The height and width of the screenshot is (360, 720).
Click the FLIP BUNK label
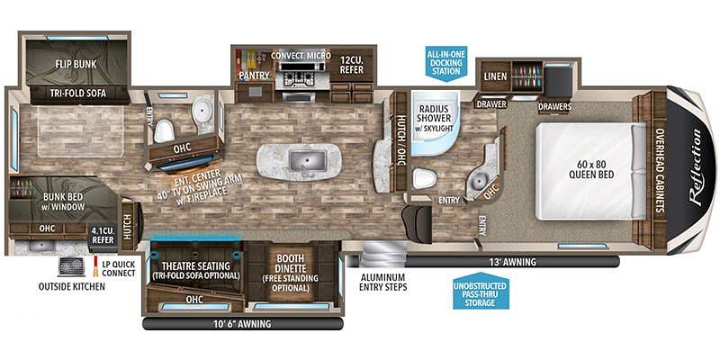(x=76, y=64)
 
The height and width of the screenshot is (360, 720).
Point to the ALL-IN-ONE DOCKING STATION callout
(x=445, y=63)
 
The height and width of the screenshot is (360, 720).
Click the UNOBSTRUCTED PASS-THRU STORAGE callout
(x=481, y=291)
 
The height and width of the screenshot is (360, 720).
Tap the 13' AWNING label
(x=513, y=262)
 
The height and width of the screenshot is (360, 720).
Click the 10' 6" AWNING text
(x=241, y=324)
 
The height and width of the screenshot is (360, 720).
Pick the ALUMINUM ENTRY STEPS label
(x=382, y=283)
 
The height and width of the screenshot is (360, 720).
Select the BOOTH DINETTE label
(x=290, y=262)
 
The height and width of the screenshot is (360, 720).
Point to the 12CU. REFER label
(x=352, y=65)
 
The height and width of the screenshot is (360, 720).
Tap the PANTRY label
(x=254, y=76)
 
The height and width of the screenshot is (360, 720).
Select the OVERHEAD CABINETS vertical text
(x=660, y=170)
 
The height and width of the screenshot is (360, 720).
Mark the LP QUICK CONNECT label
(x=119, y=268)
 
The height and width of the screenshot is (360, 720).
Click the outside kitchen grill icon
(x=72, y=266)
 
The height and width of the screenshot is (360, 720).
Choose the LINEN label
(x=496, y=76)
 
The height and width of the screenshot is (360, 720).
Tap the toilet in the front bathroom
(x=423, y=178)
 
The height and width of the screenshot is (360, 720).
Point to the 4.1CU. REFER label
(x=103, y=236)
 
